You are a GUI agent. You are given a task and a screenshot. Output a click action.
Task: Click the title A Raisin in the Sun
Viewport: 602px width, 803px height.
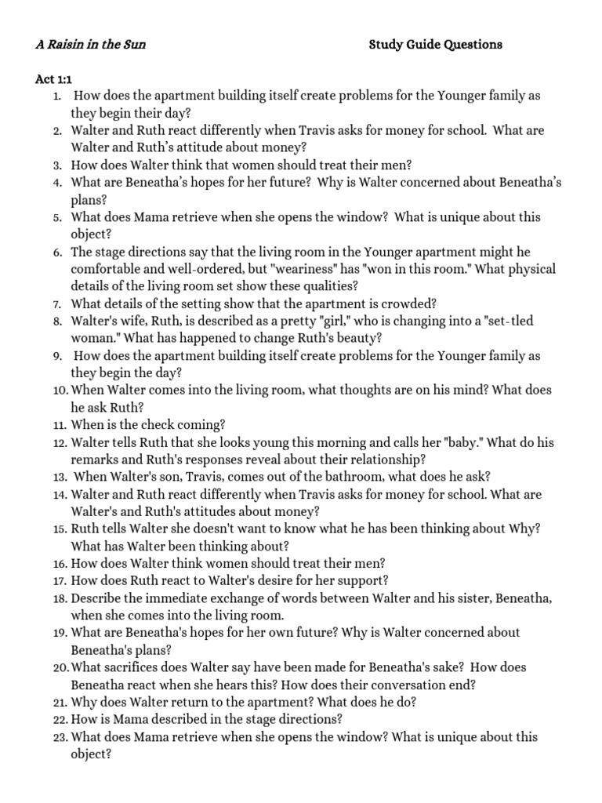(90, 45)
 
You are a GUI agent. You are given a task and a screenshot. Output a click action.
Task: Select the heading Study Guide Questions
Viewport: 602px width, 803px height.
(435, 45)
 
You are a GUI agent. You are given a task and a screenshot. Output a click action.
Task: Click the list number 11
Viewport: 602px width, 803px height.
(58, 425)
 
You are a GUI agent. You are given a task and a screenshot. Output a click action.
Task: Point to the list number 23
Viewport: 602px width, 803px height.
(59, 737)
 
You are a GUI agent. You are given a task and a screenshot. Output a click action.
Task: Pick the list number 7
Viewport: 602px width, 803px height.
(58, 303)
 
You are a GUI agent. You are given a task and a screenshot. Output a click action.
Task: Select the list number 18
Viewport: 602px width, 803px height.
(59, 598)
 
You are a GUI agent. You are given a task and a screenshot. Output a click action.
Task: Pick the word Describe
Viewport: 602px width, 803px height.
(96, 598)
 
